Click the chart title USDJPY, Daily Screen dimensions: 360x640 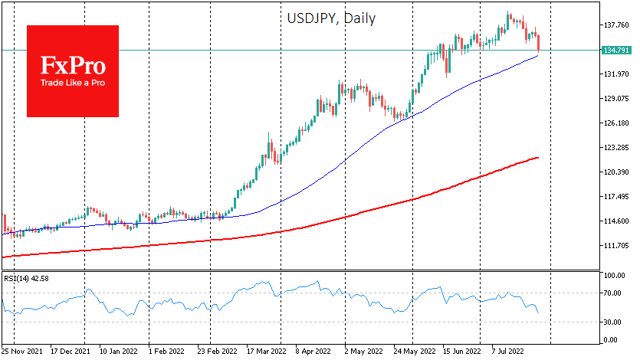point(332,18)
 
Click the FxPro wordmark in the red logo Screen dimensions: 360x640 point(73,64)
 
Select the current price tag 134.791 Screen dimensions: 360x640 point(618,51)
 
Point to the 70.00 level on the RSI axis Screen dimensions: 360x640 point(612,293)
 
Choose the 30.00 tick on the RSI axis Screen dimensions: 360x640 point(612,322)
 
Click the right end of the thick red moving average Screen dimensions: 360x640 point(538,158)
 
